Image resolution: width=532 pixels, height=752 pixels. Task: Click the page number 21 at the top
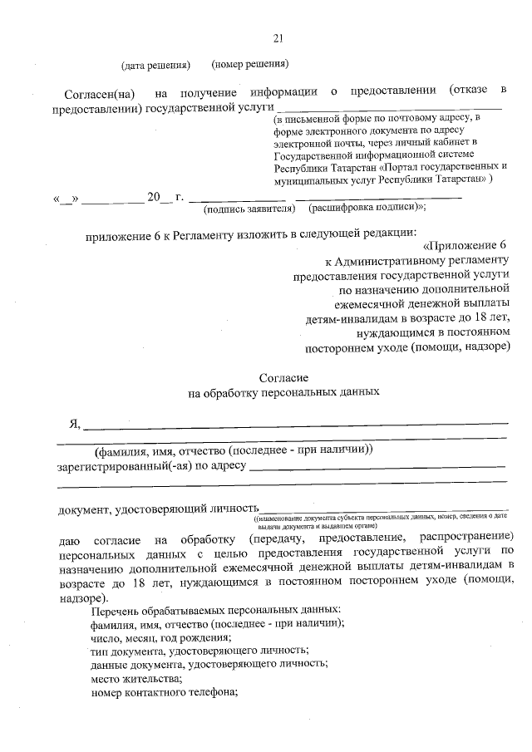pyautogui.click(x=278, y=37)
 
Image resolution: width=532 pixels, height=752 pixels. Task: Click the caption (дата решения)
pyautogui.click(x=155, y=64)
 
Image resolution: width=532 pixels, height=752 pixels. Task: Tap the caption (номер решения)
pyautogui.click(x=250, y=64)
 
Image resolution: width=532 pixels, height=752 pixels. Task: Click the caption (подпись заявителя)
pyautogui.click(x=249, y=209)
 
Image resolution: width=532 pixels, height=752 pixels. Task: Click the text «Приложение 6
pyautogui.click(x=465, y=245)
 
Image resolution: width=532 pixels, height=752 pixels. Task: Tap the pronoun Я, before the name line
pyautogui.click(x=74, y=424)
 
